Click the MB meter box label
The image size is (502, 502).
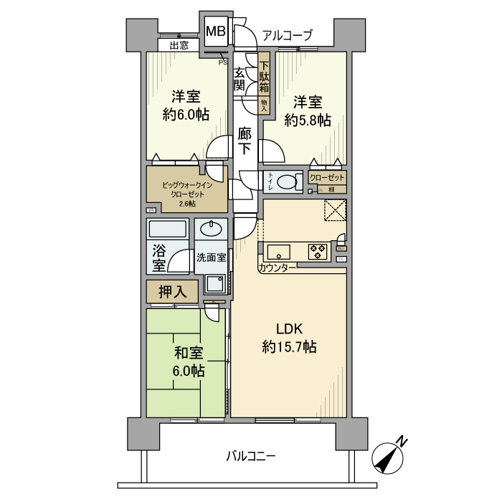[x=216, y=32]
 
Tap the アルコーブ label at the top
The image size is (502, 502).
[x=287, y=34]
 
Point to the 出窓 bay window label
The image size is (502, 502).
[x=179, y=45]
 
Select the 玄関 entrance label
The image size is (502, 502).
[x=239, y=77]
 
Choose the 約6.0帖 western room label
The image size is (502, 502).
[x=185, y=105]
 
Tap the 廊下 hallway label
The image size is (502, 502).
[x=245, y=141]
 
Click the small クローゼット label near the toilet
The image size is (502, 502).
[x=327, y=178]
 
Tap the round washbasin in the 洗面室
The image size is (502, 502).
[x=210, y=229]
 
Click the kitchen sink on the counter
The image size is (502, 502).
[x=277, y=252]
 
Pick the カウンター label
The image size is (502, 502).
[x=277, y=268]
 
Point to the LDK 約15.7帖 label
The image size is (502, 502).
[x=289, y=338]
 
